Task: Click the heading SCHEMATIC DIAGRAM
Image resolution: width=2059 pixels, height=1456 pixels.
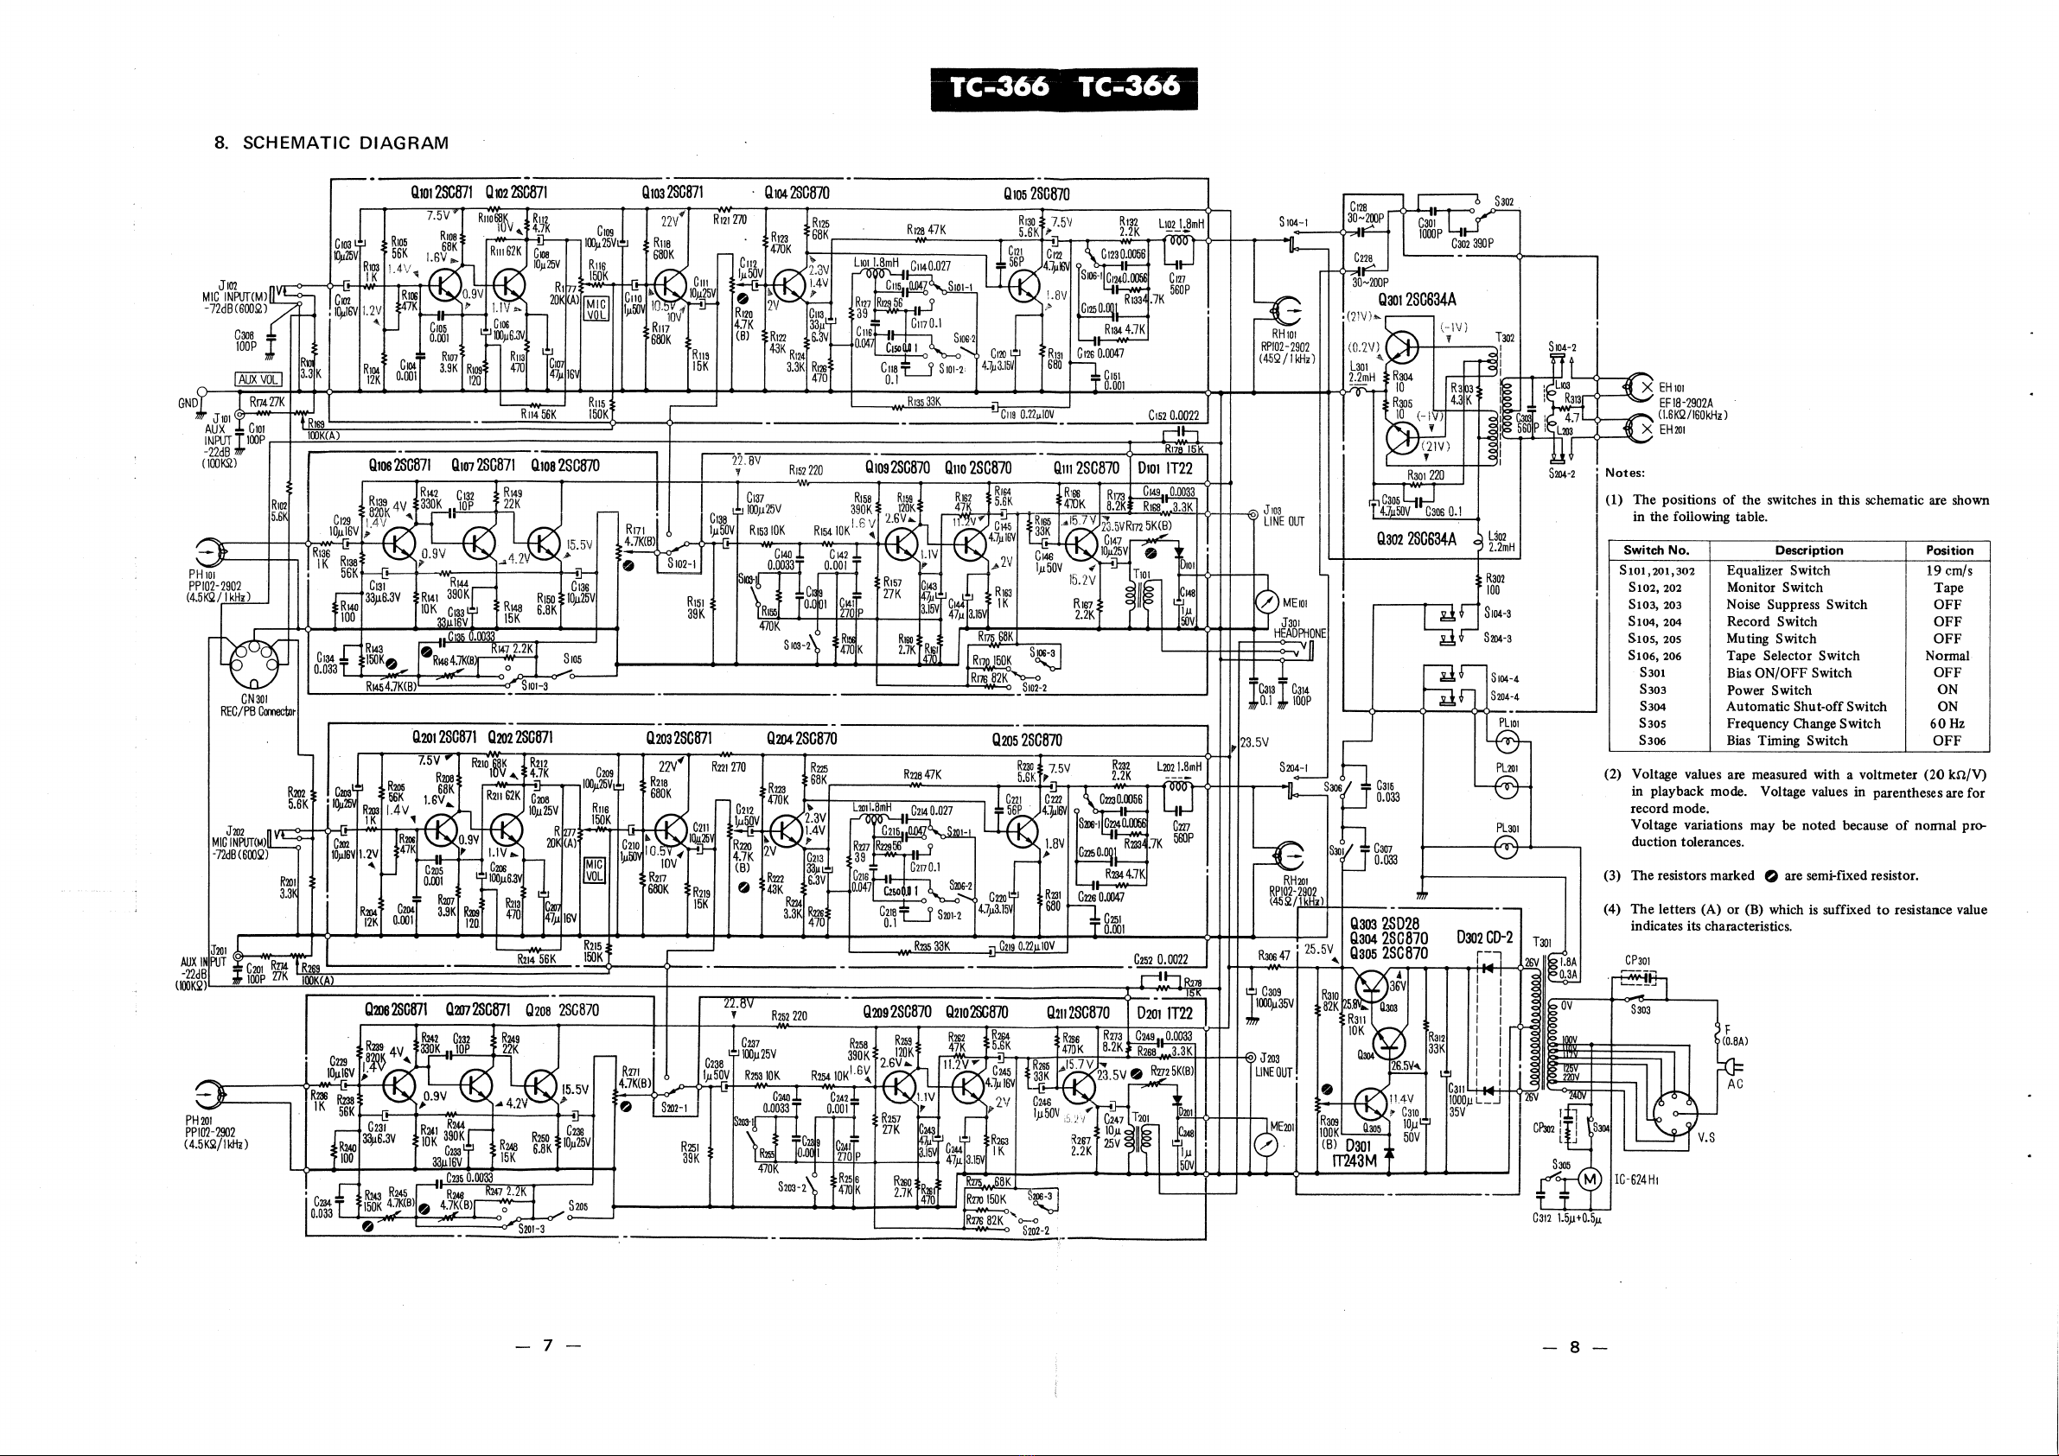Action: (345, 143)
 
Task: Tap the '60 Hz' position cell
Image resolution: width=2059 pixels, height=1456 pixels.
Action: (1947, 723)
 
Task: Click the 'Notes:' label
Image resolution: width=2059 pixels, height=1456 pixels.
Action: (1625, 473)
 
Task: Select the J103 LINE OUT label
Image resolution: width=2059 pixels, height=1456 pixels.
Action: (1284, 516)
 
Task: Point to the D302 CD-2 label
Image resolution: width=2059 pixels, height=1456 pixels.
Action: (1484, 937)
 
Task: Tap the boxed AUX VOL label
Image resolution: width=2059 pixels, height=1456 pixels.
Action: (258, 379)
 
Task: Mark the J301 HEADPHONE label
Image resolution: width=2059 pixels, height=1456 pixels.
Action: (1299, 627)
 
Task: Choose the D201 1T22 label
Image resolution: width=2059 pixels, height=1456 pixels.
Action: (1165, 1013)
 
